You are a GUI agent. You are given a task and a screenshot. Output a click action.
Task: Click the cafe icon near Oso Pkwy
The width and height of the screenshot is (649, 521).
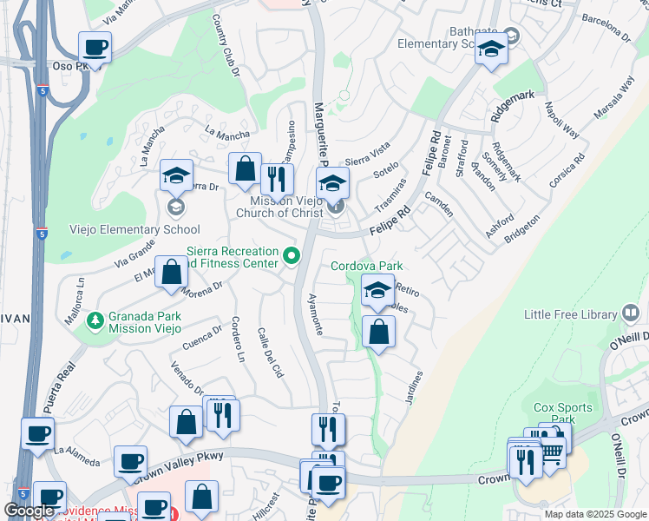(x=95, y=48)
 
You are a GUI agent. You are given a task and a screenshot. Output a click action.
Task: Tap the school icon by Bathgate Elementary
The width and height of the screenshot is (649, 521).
(x=491, y=50)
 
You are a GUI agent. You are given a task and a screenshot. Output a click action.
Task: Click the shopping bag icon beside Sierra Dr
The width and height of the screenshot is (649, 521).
(x=246, y=169)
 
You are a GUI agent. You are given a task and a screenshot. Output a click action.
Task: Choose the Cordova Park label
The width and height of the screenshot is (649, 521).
(x=367, y=266)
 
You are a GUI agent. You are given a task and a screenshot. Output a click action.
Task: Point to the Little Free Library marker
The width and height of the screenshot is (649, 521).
(x=631, y=314)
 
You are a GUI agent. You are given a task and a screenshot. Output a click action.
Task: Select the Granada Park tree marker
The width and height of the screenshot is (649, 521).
(x=95, y=320)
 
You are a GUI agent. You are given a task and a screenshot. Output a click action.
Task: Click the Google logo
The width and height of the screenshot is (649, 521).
(x=29, y=511)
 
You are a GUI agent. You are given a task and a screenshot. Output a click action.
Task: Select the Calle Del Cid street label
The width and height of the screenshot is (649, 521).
(x=271, y=353)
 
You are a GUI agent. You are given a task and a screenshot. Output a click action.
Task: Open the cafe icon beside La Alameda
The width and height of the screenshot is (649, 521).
(x=37, y=433)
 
